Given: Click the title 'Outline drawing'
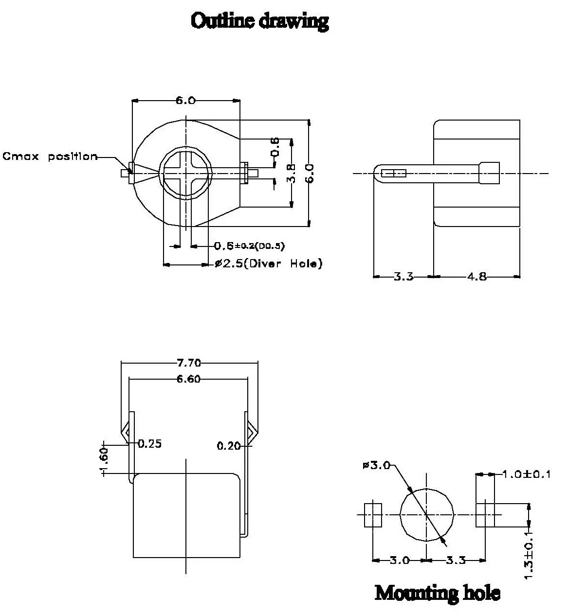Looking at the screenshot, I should [260, 21].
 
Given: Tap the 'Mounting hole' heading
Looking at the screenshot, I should [437, 593].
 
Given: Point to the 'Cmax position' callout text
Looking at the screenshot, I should [50, 157].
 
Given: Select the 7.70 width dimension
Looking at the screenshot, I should [189, 363].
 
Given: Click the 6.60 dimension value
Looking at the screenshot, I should [188, 379].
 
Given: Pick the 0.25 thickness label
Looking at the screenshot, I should [149, 444].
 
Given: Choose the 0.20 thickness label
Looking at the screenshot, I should [229, 445].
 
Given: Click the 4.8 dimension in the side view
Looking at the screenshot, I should [476, 277].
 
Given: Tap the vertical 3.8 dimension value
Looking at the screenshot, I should [290, 173].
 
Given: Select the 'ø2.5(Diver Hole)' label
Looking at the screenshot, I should [269, 264].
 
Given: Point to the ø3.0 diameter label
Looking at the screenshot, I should [376, 465].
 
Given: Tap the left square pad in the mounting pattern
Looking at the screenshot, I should [373, 514].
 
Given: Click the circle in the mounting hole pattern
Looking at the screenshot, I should [426, 514].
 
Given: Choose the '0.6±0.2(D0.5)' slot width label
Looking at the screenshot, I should [250, 246].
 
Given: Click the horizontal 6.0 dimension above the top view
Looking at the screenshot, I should [185, 101].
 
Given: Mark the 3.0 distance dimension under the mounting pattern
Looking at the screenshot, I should [399, 560].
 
